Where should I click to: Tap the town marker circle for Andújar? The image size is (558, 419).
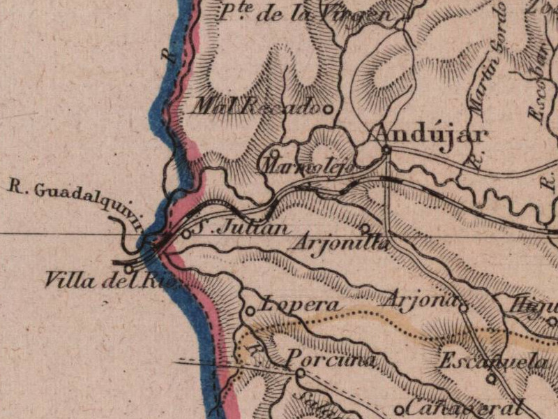[386, 149]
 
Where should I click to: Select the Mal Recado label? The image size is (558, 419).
[255, 107]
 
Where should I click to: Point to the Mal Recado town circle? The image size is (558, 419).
[325, 108]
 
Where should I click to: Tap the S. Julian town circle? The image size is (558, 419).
[186, 235]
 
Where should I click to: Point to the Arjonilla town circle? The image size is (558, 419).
[364, 228]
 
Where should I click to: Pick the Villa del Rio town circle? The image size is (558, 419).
[128, 269]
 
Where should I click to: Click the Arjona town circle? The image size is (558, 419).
[463, 305]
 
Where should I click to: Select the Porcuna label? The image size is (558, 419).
[331, 360]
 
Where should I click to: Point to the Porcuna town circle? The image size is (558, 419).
[300, 374]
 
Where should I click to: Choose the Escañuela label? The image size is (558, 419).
[492, 362]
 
